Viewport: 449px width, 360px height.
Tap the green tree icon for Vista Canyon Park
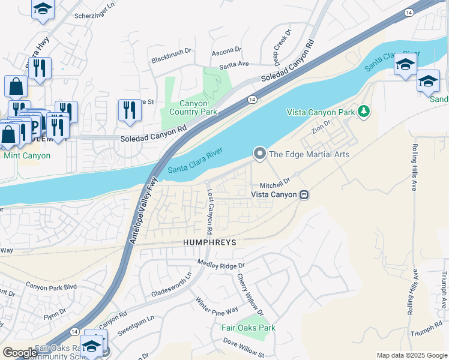tap(363, 111)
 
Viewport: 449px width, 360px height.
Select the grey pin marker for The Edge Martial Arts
tap(259, 154)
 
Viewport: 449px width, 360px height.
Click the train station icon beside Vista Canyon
tap(304, 194)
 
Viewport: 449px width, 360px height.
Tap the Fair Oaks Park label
tap(248, 328)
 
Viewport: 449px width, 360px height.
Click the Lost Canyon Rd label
tap(210, 212)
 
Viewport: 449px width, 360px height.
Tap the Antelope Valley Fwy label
tap(142, 211)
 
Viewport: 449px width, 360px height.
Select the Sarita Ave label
tap(234, 63)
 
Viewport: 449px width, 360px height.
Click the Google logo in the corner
tap(19, 352)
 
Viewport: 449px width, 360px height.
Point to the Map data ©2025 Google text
tap(411, 355)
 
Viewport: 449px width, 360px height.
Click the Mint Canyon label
tap(27, 155)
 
